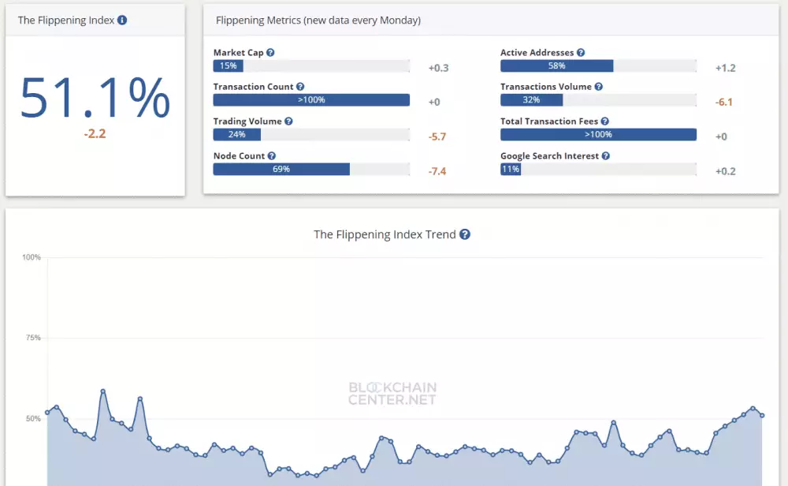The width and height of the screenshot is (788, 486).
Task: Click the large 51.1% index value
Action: (x=95, y=98)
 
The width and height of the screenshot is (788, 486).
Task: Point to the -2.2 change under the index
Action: (x=95, y=134)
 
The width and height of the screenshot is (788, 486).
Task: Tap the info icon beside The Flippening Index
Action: (x=122, y=21)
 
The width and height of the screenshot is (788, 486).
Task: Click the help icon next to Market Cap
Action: (x=270, y=53)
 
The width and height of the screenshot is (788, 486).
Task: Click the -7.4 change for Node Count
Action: (x=437, y=171)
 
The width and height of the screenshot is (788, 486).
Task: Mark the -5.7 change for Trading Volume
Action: (x=437, y=136)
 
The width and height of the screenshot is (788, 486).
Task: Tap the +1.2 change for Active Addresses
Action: (x=725, y=68)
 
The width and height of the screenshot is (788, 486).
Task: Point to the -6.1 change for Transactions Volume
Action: (x=725, y=103)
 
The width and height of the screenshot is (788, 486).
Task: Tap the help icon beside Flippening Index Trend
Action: (x=465, y=234)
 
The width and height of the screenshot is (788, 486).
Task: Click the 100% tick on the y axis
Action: (x=32, y=257)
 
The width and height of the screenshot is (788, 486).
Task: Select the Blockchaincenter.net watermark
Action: (x=392, y=394)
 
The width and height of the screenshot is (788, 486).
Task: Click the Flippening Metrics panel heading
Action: (x=318, y=21)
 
